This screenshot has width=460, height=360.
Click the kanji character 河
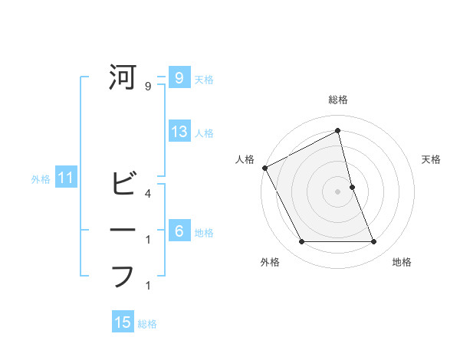tap(123, 77)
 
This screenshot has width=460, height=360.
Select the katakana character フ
tap(123, 276)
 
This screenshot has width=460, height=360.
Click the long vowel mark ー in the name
tap(123, 231)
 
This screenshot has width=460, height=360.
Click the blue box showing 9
tap(179, 77)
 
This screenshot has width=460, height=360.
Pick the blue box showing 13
tap(179, 131)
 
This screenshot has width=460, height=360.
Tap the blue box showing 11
tap(66, 179)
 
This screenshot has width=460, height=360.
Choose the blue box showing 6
tap(179, 231)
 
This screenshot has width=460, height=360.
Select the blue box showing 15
tap(123, 322)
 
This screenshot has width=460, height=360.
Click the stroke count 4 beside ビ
tap(147, 193)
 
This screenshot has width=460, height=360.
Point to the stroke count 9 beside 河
tap(147, 87)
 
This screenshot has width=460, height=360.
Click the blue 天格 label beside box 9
tap(204, 79)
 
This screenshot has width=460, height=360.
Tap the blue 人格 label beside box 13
tap(204, 133)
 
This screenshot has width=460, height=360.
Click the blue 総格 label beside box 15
tap(147, 324)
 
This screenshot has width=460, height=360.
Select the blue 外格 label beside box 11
tap(41, 180)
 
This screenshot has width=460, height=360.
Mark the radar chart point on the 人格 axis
tap(264, 168)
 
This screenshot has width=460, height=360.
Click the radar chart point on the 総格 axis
tap(337, 131)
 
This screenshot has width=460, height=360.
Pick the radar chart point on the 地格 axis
tap(373, 242)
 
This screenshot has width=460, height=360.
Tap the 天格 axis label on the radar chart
tap(432, 159)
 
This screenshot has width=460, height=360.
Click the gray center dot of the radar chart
tap(337, 191)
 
